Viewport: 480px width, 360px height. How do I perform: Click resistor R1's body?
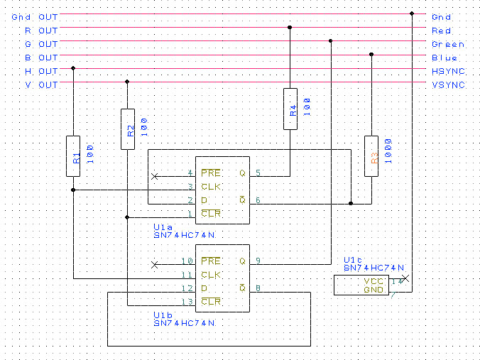tap(74, 156)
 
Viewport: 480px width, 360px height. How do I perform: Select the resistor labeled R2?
tap(128, 129)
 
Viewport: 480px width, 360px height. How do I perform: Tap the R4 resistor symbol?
tap(290, 109)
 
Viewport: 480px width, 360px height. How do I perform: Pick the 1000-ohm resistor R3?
tap(371, 156)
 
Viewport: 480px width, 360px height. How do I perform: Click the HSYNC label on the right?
tap(448, 71)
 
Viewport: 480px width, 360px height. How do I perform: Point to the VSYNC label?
tap(448, 84)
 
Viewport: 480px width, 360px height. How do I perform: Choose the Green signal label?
tap(448, 44)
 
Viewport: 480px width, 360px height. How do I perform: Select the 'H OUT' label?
tap(41, 71)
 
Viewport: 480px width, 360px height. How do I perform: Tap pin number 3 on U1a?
tap(190, 187)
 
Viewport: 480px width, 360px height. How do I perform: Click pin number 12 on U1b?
tap(187, 288)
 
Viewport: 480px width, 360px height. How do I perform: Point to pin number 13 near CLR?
tap(187, 302)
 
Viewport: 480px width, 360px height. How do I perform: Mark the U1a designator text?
tap(163, 227)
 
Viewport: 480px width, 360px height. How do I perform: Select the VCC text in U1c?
tap(364, 281)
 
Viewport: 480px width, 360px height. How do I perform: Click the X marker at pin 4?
tap(155, 175)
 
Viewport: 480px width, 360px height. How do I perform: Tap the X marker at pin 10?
tap(155, 263)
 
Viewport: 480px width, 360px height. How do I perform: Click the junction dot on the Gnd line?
tap(412, 13)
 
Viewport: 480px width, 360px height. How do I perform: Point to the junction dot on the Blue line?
tap(371, 54)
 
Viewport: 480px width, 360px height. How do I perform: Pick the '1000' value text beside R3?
tap(387, 151)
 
